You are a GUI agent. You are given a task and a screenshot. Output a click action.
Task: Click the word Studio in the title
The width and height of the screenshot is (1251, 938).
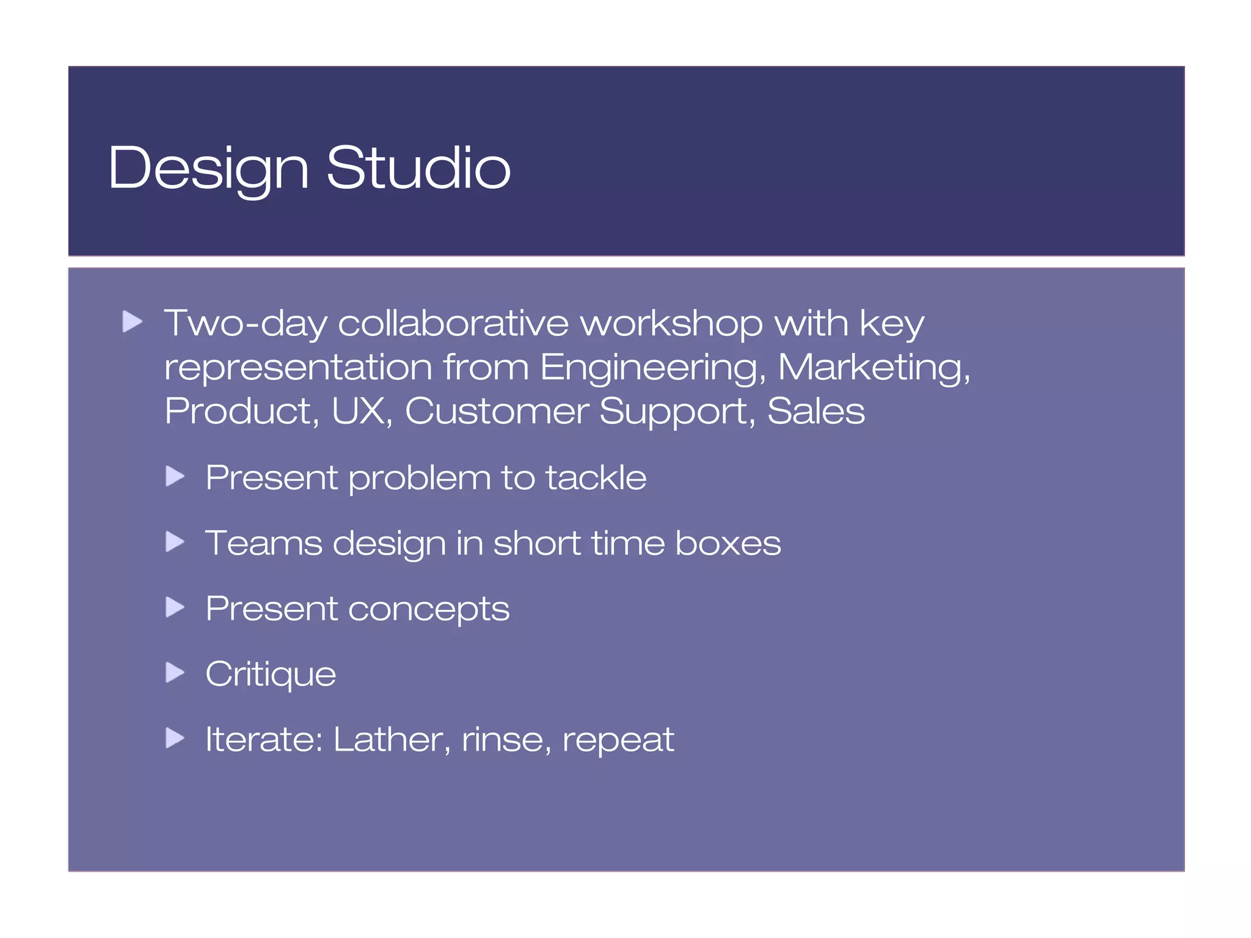pos(418,168)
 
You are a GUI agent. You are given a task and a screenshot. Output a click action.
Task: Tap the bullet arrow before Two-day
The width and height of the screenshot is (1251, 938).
pos(132,321)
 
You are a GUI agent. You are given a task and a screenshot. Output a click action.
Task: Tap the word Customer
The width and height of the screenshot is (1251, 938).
pos(496,411)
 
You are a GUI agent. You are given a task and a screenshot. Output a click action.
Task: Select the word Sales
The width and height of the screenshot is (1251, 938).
pos(815,411)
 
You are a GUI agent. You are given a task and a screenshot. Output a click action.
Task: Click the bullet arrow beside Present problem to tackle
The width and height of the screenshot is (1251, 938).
pos(175,476)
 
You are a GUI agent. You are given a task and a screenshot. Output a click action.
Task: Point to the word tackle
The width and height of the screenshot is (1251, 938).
pos(596,478)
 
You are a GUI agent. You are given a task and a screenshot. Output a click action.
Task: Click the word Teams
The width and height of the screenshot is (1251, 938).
pos(263,543)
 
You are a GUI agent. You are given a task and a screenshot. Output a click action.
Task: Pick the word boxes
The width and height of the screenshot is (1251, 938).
pos(728,543)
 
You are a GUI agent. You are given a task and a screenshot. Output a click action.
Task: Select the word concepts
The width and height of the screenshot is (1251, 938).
pos(428,609)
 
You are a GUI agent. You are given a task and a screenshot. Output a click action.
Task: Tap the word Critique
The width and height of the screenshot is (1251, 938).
pos(271,674)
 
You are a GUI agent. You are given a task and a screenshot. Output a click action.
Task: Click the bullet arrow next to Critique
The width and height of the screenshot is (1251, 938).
pos(175,672)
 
